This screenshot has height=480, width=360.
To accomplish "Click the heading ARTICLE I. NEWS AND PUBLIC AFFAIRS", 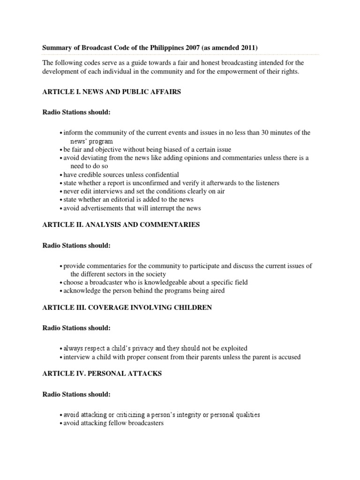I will [x=112, y=92].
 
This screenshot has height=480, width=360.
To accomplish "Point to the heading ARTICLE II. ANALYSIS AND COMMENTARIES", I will [x=121, y=225].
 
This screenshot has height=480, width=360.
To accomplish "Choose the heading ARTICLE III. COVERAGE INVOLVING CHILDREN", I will [x=127, y=307].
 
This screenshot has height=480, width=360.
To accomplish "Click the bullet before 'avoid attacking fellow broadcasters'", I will [x=61, y=424].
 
